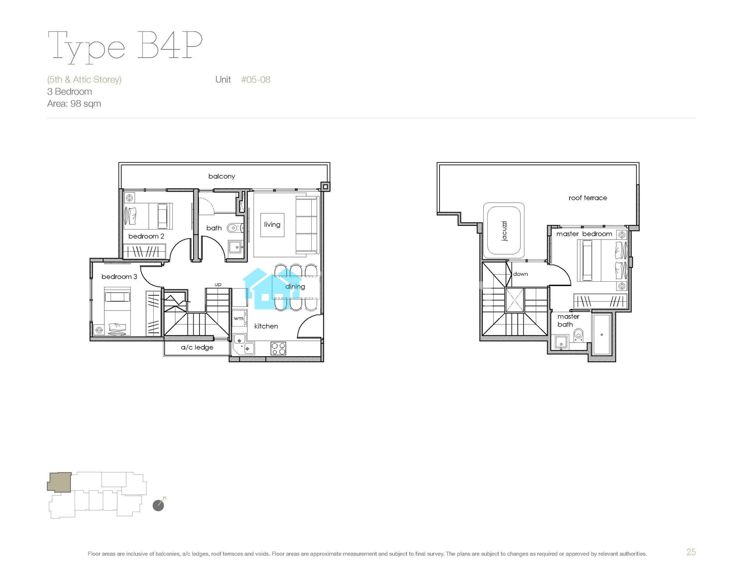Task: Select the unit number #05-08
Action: (256, 80)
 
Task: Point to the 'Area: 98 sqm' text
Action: (74, 104)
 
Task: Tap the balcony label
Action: (222, 176)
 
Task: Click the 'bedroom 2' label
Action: (146, 236)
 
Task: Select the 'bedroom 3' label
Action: (119, 277)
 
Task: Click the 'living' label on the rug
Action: (272, 224)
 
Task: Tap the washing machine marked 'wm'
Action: (239, 318)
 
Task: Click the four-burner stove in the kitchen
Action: (278, 348)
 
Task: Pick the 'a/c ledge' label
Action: (197, 347)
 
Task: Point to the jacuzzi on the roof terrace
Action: (504, 231)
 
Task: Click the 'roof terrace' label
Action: (588, 198)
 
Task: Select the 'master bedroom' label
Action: (584, 234)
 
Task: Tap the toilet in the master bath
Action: (578, 335)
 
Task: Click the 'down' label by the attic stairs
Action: (520, 274)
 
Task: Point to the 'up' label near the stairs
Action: (218, 285)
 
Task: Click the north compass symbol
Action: (159, 505)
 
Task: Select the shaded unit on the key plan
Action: (59, 482)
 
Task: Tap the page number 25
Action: (691, 552)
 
